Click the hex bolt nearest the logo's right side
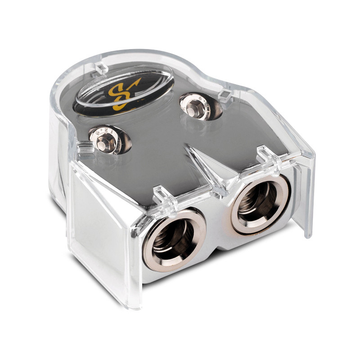[x=196, y=106]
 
